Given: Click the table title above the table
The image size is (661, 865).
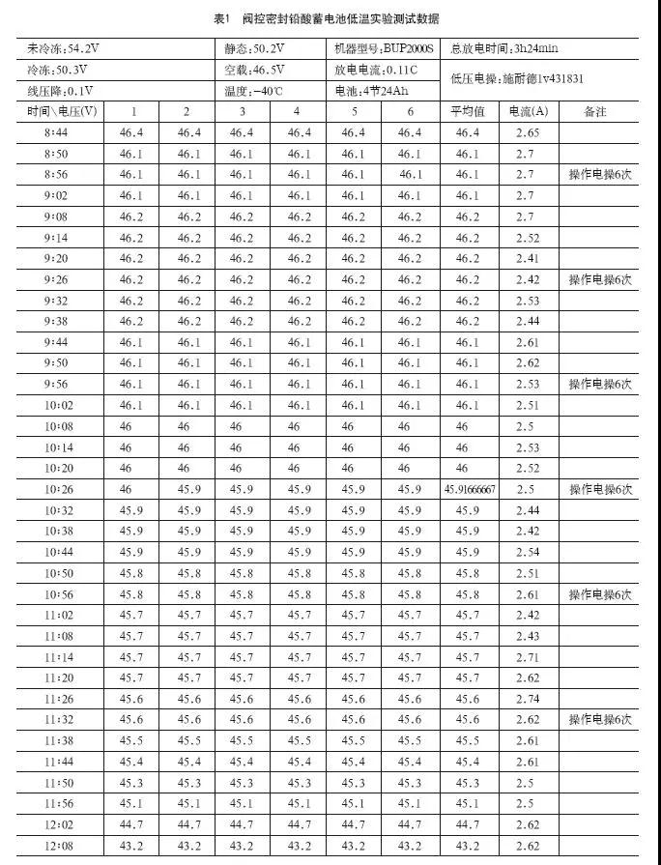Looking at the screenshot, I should pos(330,18).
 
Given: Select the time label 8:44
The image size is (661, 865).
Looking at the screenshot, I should pos(57,132).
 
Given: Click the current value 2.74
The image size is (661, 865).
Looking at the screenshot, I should pos(527,698).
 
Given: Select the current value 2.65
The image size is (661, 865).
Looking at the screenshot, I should pos(527,132).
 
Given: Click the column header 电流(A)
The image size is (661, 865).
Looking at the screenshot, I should pos(527,112).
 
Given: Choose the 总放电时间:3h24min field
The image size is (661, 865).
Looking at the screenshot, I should pos(504,47).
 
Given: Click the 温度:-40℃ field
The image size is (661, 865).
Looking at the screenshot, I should pos(254,91).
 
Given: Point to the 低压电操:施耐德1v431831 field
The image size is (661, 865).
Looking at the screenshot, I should pos(516,80).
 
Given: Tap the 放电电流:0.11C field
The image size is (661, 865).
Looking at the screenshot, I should pos(377,70).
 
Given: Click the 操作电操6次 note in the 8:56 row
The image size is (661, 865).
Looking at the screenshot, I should pos(599,174).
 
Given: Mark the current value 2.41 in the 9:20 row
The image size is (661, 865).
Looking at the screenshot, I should pos(527,258).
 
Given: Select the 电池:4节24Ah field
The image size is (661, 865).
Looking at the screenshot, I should pos(373,91).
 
